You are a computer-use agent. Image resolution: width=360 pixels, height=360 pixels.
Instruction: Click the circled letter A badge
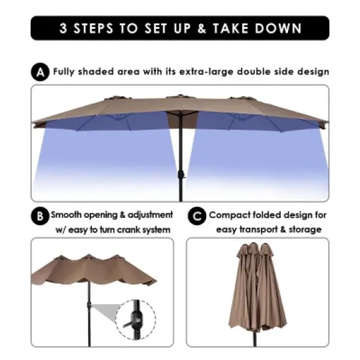point(40,73)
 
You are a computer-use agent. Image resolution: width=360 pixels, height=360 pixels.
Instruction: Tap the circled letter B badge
point(40,215)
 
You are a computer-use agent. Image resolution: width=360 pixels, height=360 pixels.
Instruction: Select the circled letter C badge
point(197,215)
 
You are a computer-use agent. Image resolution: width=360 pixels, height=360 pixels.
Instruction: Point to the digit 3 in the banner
point(63,28)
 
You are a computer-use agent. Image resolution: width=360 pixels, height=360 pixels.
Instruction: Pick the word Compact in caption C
point(229,215)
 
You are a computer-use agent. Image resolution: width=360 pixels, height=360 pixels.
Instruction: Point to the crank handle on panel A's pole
point(183,175)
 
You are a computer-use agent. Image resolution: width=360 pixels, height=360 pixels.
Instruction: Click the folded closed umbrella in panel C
point(257,288)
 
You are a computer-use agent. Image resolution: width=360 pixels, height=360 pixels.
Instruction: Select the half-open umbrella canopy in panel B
point(92,268)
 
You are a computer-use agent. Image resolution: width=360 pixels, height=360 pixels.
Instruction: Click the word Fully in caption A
point(65,72)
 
